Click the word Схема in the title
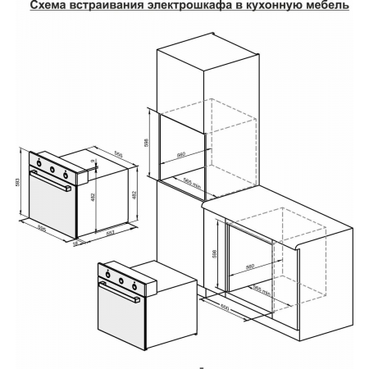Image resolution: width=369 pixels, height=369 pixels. pos(52,7)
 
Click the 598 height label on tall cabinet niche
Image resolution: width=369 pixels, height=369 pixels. pos(147,140)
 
